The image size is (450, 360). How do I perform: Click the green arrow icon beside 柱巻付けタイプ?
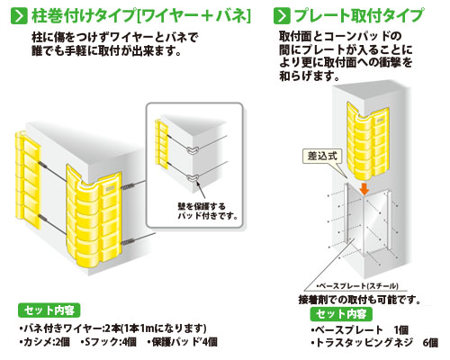point(19,16)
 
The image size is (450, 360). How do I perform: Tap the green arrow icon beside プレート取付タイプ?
point(282,16)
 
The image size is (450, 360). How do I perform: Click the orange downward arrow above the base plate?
point(364,189)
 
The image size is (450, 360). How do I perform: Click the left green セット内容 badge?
point(49,310)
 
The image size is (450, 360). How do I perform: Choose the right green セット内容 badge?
point(341,314)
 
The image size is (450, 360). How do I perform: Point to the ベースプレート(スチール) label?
point(357,286)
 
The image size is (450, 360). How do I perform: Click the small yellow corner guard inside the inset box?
point(161,144)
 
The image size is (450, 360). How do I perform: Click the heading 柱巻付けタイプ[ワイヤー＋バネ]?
point(141,16)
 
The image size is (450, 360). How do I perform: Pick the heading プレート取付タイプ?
point(359,15)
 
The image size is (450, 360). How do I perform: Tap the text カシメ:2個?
point(44,342)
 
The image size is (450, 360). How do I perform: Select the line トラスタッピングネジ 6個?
point(374,342)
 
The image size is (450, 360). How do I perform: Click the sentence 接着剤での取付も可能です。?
point(359,300)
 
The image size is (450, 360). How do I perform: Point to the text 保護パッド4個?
point(183,342)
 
